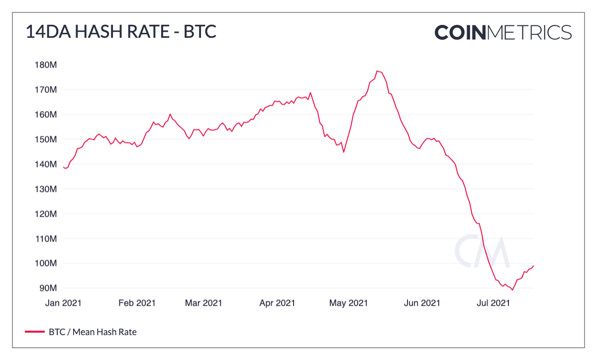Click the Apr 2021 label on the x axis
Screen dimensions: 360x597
tap(277, 303)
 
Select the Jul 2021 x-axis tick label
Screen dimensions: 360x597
tap(494, 303)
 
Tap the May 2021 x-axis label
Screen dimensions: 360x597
tap(349, 303)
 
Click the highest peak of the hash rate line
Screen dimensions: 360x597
tap(377, 71)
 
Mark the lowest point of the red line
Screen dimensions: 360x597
tap(512, 290)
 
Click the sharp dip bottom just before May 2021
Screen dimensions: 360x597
tap(344, 152)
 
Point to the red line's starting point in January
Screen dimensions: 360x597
tap(63, 167)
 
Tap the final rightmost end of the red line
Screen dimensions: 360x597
tap(533, 266)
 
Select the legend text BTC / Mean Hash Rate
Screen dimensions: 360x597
tap(93, 332)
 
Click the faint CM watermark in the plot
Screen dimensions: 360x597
tap(482, 252)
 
